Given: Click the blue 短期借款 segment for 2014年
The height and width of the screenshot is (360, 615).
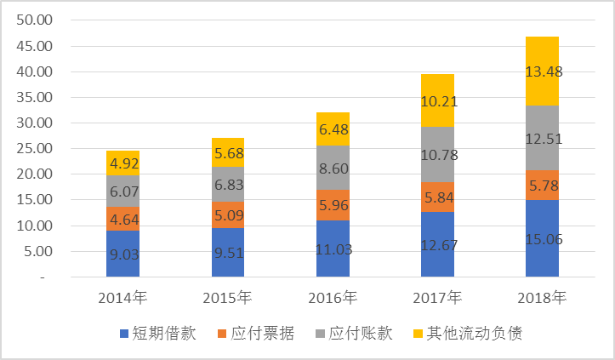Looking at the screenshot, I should (x=122, y=254).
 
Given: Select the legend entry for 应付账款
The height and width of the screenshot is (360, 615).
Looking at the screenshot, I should (x=355, y=333).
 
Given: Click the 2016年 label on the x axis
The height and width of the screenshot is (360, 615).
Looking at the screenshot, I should (x=333, y=298).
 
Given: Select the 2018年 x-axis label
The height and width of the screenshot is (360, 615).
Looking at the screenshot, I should (x=542, y=298).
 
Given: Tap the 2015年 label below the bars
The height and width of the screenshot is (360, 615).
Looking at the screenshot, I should (x=227, y=298).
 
